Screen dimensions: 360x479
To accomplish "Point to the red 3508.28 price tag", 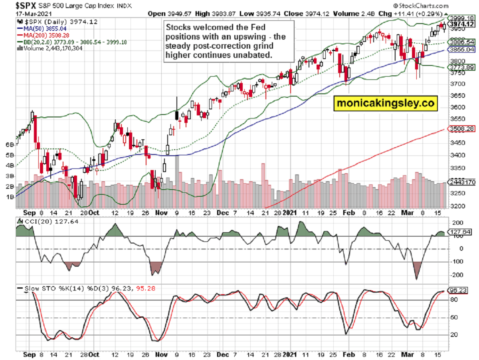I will tap(461, 129).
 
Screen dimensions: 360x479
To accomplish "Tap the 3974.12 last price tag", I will tap(461, 24).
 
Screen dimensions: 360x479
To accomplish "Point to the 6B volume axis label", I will tap(10, 144).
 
